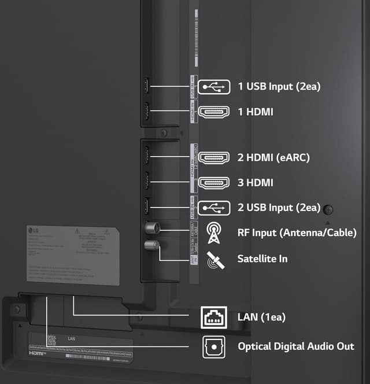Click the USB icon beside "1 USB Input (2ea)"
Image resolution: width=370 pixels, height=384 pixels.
pyautogui.click(x=214, y=87)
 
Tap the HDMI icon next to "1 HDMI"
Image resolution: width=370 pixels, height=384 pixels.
pyautogui.click(x=214, y=112)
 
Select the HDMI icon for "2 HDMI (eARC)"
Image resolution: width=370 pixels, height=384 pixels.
pyautogui.click(x=214, y=157)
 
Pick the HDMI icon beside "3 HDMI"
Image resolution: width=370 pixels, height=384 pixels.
pyautogui.click(x=214, y=183)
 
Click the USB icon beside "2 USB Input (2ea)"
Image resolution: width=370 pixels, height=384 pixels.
pyautogui.click(x=214, y=208)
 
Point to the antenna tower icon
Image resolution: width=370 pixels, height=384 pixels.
pyautogui.click(x=214, y=232)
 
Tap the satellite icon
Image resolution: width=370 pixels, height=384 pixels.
pyautogui.click(x=214, y=259)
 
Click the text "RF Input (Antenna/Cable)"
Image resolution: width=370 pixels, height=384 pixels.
pyautogui.click(x=297, y=233)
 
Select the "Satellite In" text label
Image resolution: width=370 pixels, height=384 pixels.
pyautogui.click(x=262, y=259)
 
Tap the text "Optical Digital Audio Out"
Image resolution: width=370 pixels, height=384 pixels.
pyautogui.click(x=296, y=346)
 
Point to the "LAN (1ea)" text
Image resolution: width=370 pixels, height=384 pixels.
pyautogui.click(x=261, y=317)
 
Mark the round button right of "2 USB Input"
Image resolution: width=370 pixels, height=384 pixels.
pyautogui.click(x=329, y=209)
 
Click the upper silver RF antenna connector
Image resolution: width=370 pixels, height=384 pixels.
pyautogui.click(x=152, y=227)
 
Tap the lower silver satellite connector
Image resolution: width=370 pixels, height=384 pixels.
pyautogui.click(x=151, y=245)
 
